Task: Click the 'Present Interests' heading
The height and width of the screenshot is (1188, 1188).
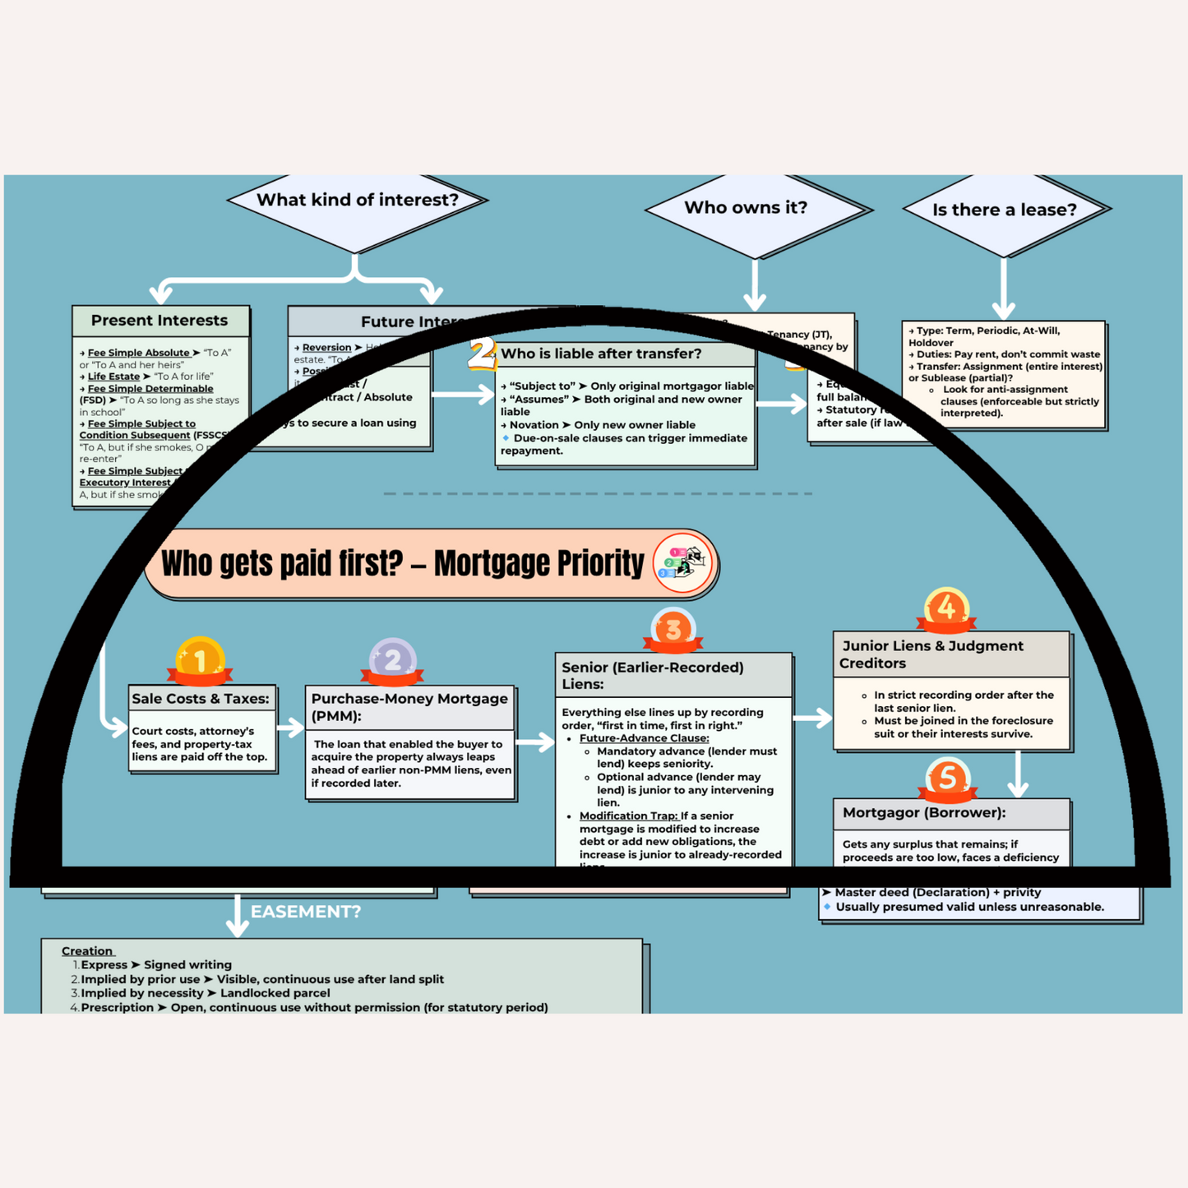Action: (159, 321)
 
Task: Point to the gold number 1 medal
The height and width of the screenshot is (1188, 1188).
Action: (200, 659)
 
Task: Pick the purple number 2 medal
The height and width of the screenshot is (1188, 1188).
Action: (392, 659)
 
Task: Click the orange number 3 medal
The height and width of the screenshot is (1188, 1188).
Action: (673, 630)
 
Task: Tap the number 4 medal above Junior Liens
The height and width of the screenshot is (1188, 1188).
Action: (946, 608)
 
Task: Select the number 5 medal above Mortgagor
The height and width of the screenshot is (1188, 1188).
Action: (947, 778)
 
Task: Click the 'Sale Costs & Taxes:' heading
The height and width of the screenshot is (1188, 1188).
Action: (201, 699)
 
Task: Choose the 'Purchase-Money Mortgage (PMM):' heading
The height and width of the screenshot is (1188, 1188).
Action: (409, 707)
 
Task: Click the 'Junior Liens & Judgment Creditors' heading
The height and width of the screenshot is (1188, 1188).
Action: (932, 654)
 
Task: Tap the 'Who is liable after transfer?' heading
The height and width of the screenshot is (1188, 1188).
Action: (601, 354)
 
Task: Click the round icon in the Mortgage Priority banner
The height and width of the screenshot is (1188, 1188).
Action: (683, 564)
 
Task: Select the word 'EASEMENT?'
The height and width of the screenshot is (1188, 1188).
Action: (306, 912)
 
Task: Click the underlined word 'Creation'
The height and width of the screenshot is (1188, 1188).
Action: (87, 951)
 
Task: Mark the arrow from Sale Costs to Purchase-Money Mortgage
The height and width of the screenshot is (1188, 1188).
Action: (290, 728)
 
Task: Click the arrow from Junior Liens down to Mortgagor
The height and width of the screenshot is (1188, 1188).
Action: (1019, 774)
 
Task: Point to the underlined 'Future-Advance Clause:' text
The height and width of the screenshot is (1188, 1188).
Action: (644, 738)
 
